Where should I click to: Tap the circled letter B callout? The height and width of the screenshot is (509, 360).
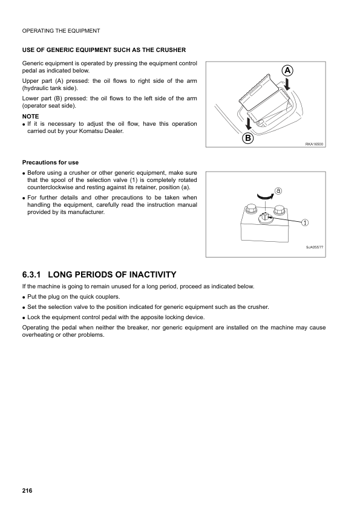click(x=248, y=138)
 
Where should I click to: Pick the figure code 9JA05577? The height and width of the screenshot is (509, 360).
click(x=315, y=247)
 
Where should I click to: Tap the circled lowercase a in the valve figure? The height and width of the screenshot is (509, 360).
click(x=278, y=190)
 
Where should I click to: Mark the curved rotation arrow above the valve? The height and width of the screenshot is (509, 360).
click(x=266, y=195)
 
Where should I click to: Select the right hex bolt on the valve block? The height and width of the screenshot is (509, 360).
click(x=279, y=210)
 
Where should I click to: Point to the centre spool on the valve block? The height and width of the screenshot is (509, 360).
click(x=266, y=216)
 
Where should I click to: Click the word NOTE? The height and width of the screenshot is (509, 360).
click(x=30, y=116)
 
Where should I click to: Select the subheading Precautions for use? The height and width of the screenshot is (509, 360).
click(x=50, y=162)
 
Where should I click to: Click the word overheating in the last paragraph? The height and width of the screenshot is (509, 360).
click(x=39, y=336)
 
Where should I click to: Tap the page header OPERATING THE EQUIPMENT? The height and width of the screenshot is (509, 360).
click(x=61, y=30)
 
